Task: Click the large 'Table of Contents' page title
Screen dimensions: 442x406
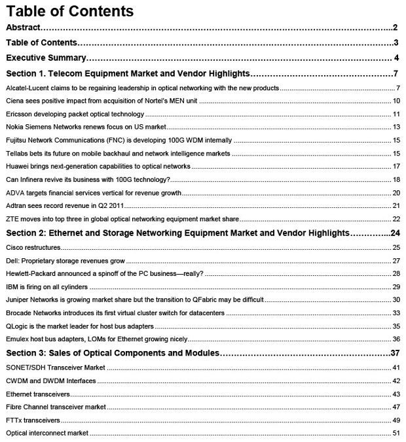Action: tap(70, 11)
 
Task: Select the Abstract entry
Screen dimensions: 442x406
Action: tap(24, 27)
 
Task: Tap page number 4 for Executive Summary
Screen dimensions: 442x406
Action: tap(397, 58)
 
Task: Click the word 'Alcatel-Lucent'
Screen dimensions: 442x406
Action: tap(26, 88)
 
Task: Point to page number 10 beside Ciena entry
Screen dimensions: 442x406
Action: tap(396, 101)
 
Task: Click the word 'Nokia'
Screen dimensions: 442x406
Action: tap(14, 126)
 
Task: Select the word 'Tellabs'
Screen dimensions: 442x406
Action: tap(17, 153)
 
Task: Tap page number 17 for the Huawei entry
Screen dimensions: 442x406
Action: tap(396, 166)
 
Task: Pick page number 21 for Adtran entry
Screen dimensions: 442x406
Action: tap(396, 205)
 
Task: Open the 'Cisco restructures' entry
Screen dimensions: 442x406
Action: tap(33, 247)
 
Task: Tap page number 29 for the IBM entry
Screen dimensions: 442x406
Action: tap(396, 286)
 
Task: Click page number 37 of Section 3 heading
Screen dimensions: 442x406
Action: tap(394, 354)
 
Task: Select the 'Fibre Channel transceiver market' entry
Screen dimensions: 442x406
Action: tap(56, 407)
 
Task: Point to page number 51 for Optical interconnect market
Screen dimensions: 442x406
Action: tap(396, 433)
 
